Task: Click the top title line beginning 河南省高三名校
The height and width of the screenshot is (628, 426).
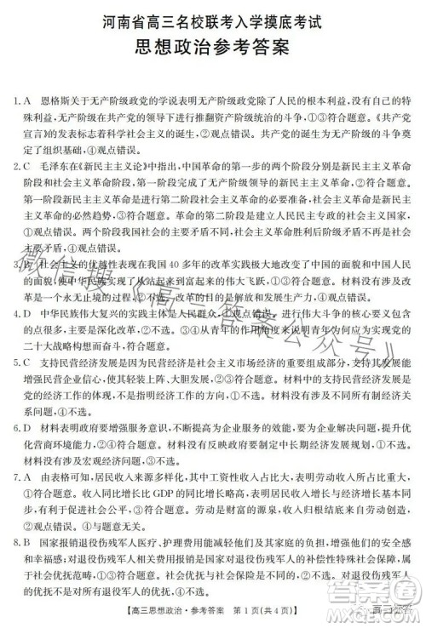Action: [x=213, y=16]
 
